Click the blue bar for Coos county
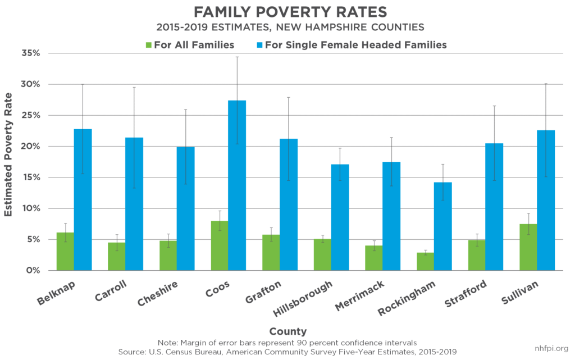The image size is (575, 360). (237, 185)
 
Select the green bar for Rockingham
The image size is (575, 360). (425, 262)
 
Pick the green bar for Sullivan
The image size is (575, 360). (528, 247)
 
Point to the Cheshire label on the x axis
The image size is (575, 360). (159, 295)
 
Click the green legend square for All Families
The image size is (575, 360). (149, 45)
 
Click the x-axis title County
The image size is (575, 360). (287, 331)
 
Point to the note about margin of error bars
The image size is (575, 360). (287, 342)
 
